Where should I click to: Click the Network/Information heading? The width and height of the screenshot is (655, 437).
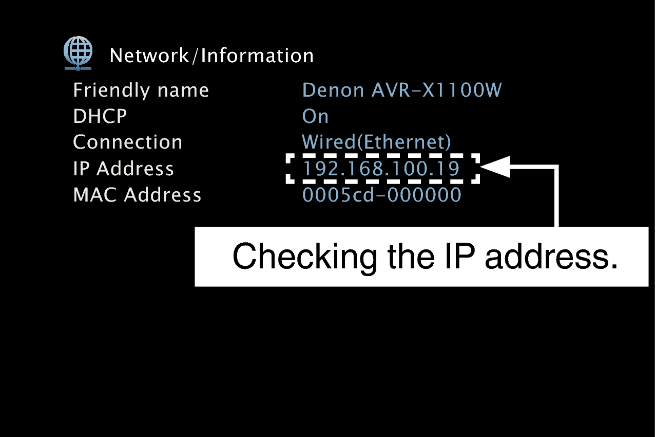pos(211,56)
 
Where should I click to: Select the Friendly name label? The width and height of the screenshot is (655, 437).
pos(141,90)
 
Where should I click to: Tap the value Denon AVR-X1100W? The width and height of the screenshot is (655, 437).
pos(402,90)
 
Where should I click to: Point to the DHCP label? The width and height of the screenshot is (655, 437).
pos(100,117)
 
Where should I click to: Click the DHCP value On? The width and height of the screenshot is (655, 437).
pos(315,117)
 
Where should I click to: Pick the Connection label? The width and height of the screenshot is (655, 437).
pos(127,142)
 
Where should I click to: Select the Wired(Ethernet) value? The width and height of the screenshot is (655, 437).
pos(376,142)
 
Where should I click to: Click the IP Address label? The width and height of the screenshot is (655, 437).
pos(123,169)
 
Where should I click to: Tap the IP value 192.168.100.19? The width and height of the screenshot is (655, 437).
pos(381,169)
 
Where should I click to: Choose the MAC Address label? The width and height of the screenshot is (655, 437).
pos(137,195)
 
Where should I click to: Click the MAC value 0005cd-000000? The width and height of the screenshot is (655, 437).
pos(381,195)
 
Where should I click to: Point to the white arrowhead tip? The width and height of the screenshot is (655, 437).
pos(483,167)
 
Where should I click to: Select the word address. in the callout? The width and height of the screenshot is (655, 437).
pos(551,257)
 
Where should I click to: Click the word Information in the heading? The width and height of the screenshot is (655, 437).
pos(257,56)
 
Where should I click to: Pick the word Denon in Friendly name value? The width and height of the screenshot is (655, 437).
pos(333,90)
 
